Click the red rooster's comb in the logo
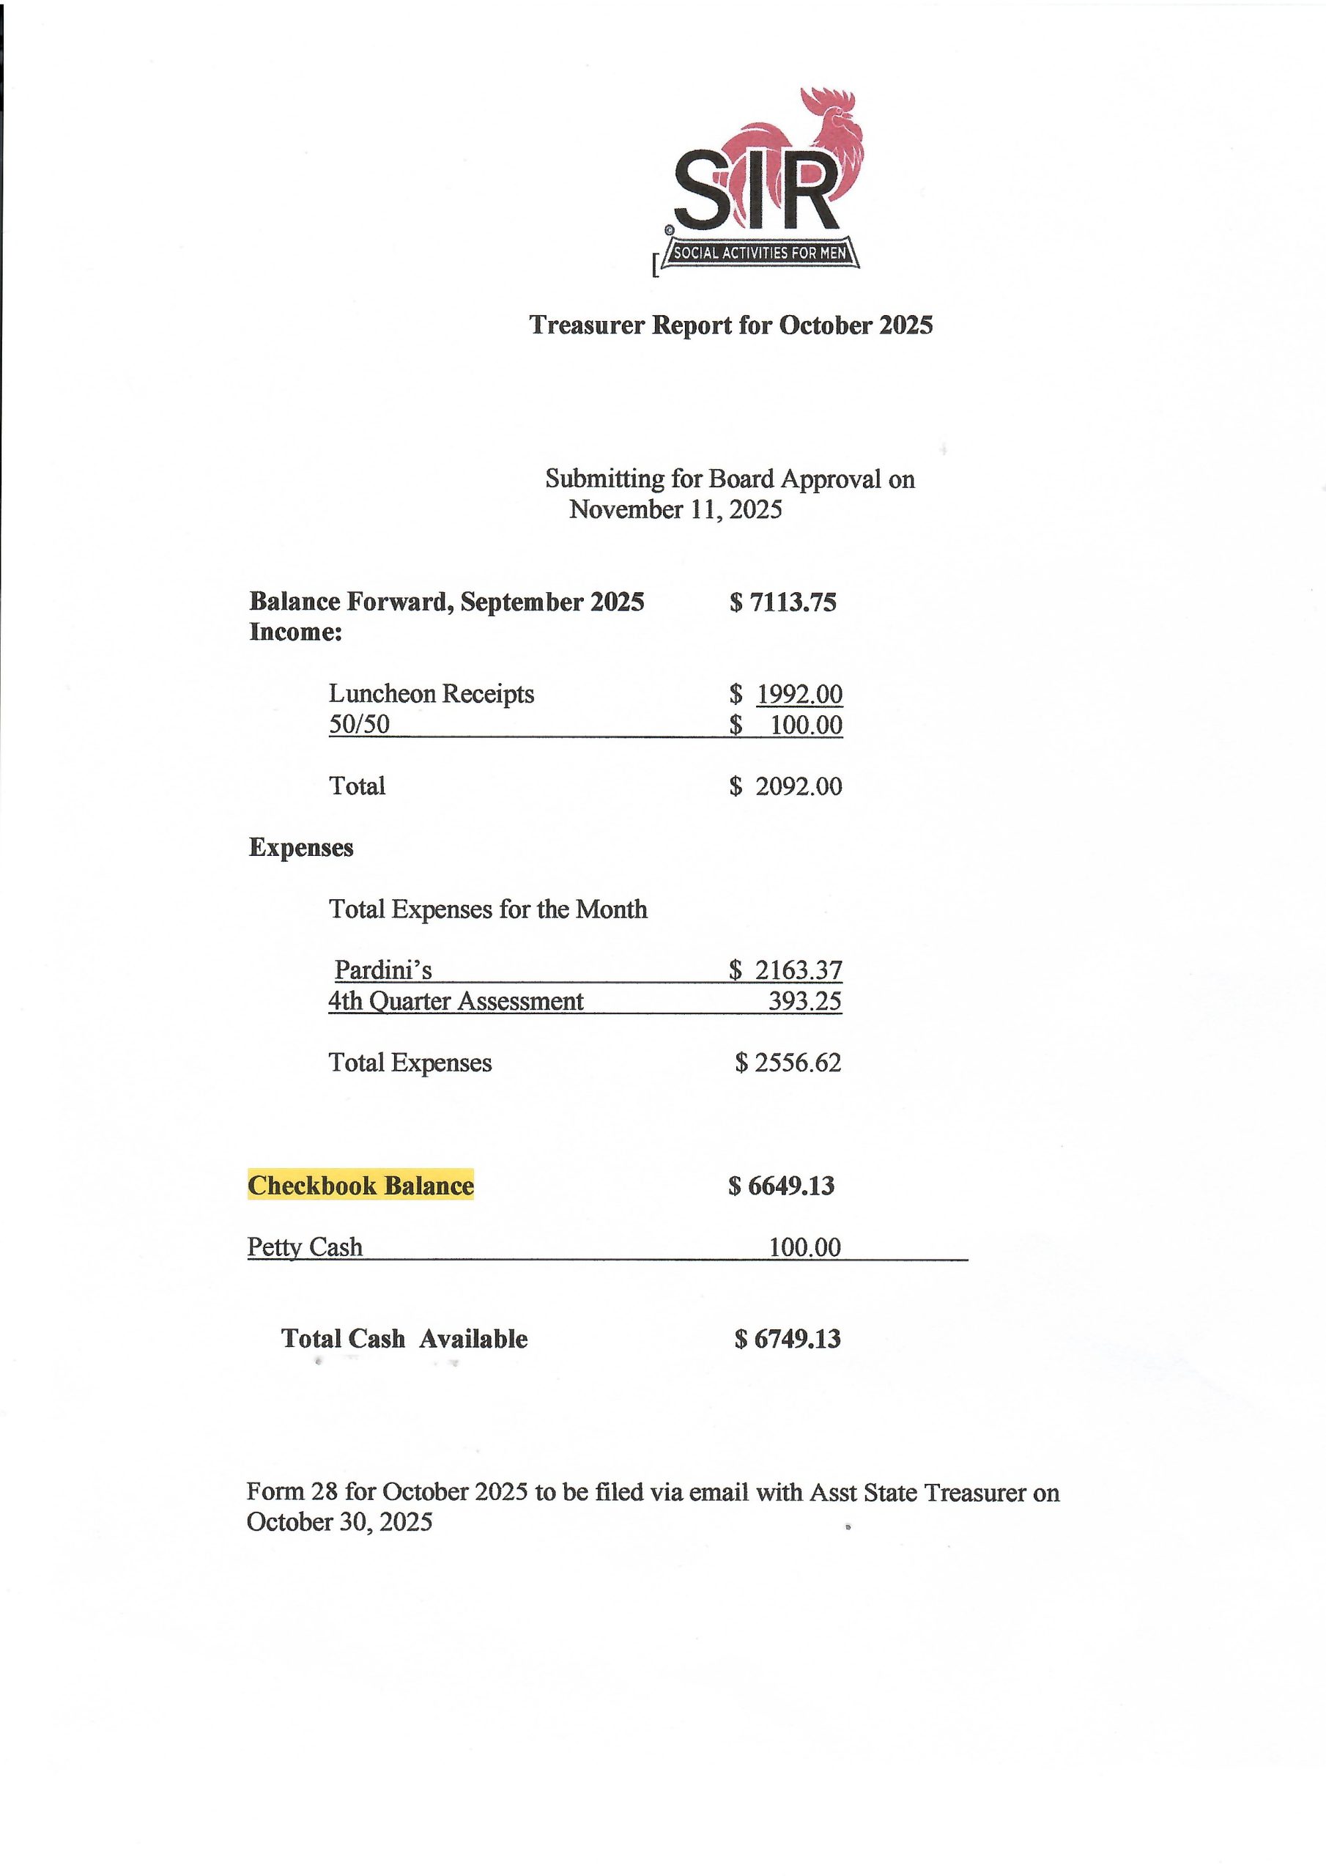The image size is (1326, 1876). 825,101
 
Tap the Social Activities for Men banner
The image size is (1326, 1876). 760,254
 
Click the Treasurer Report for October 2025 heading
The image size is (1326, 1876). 730,325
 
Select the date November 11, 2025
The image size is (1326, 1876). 675,510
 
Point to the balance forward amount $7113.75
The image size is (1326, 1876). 782,602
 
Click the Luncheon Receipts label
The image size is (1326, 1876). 431,694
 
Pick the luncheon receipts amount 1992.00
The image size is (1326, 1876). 799,694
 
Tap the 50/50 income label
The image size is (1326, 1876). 359,725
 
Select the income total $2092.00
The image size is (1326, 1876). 786,786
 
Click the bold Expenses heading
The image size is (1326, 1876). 300,847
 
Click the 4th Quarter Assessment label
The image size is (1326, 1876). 456,1002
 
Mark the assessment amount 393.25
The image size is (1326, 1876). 804,1002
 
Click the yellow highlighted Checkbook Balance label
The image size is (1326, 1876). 360,1186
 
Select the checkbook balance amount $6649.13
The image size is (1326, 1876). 781,1186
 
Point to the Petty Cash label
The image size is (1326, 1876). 305,1247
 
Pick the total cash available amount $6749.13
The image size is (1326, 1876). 787,1339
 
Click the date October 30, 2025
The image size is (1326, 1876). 339,1522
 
